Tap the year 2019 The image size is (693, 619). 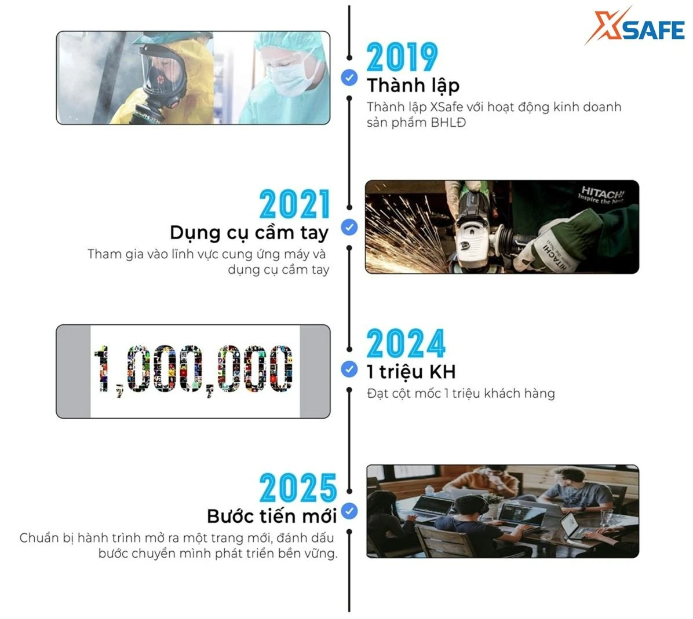click(402, 57)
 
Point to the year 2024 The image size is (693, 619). click(406, 344)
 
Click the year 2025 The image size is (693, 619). click(298, 488)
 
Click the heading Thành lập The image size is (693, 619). click(413, 85)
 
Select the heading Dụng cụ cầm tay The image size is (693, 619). click(249, 232)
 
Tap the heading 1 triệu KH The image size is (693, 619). click(411, 371)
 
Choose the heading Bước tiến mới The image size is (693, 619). click(271, 515)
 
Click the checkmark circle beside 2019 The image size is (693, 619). click(349, 77)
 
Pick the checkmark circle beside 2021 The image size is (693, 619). click(349, 228)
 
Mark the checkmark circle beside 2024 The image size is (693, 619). click(349, 369)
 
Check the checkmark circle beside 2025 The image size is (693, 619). click(349, 511)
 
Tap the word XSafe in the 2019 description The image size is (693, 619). click(445, 107)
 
